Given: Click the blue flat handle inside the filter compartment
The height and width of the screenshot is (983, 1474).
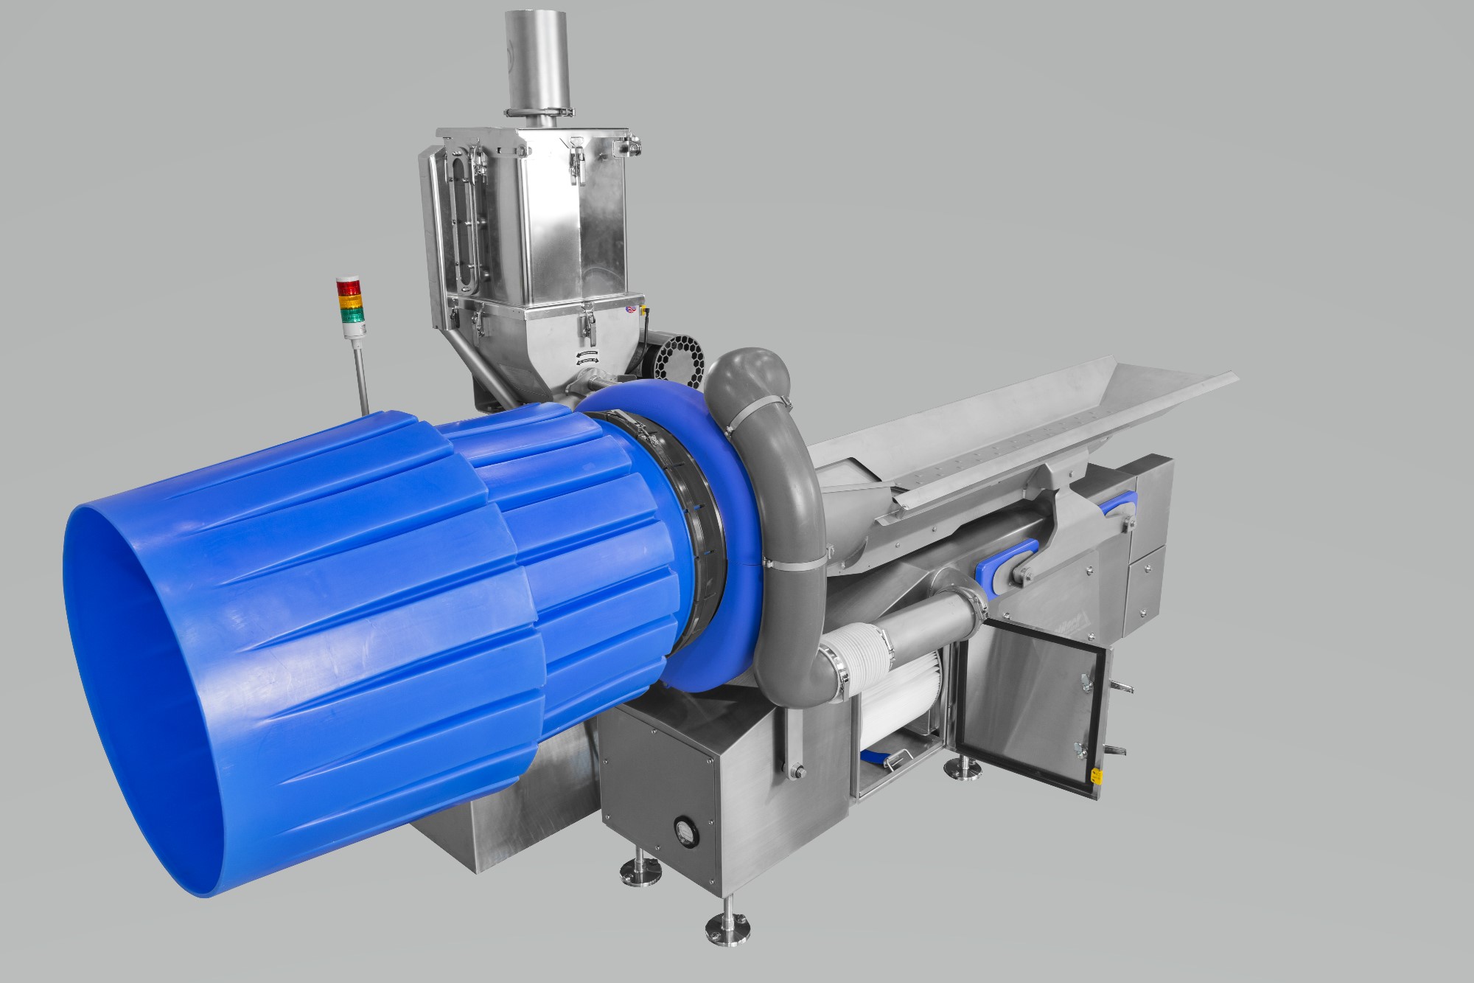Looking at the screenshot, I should [x=880, y=754].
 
